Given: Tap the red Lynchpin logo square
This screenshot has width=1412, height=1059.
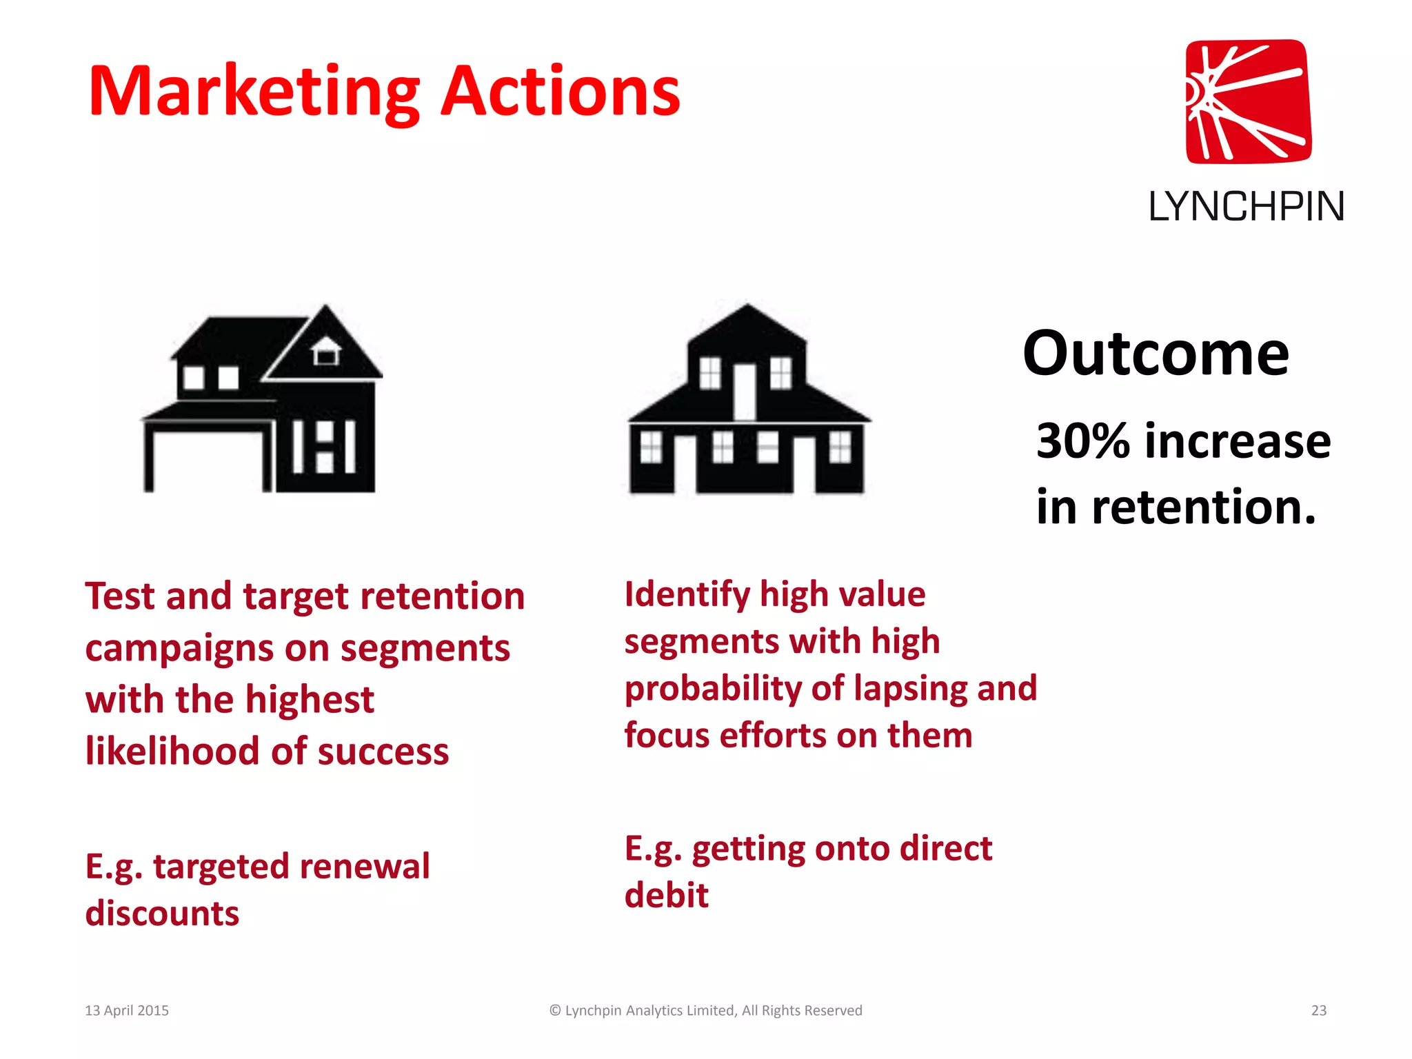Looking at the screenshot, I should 1248,101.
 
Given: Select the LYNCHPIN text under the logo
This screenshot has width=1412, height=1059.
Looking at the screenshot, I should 1246,206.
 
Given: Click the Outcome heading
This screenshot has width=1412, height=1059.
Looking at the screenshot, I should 1156,354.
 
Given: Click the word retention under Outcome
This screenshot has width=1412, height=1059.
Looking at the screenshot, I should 1203,507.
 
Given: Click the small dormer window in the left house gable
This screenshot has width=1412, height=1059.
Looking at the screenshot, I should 326,353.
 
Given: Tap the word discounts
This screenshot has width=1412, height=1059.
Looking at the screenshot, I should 162,914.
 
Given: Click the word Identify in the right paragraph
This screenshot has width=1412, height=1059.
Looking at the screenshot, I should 687,595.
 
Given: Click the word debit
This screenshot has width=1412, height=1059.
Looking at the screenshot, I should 666,896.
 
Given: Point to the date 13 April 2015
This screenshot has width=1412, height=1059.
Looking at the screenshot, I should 127,1011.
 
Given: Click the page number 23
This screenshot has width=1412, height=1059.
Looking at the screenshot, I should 1318,1011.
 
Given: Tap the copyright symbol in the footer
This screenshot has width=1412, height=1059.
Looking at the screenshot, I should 555,1011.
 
